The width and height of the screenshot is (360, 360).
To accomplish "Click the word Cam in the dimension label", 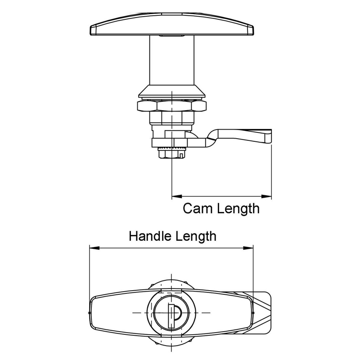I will pyautogui.click(x=198, y=209).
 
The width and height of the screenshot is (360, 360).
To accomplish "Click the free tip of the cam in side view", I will pyautogui.click(x=268, y=136).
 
